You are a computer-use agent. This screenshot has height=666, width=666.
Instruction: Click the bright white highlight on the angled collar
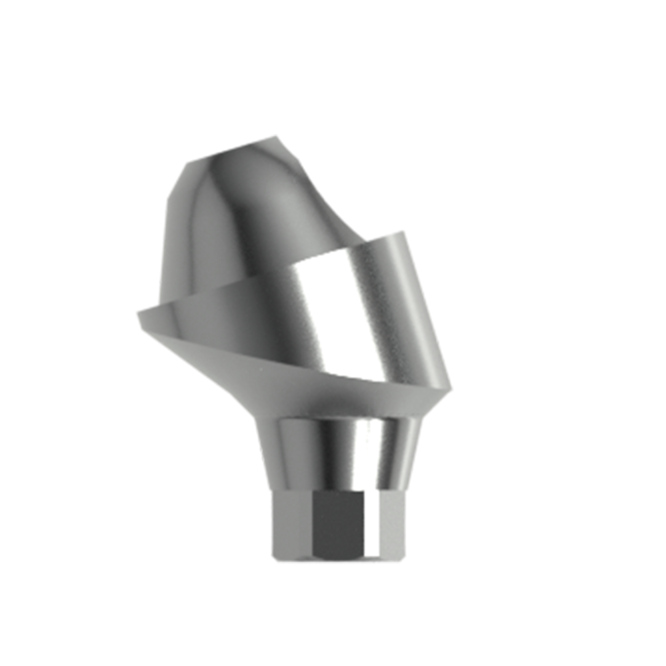(x=320, y=313)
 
